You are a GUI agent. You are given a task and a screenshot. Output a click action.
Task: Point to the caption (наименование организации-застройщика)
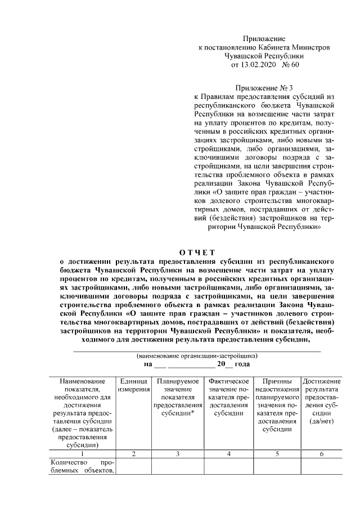pos(197,356)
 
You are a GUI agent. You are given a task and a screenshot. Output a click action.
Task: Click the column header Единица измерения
pos(133,386)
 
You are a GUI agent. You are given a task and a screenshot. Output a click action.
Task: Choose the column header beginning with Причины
pos(277,406)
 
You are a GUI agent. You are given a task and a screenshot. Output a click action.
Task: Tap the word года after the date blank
pos(241,364)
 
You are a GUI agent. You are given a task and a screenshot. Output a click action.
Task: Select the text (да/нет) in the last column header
pos(321,422)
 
